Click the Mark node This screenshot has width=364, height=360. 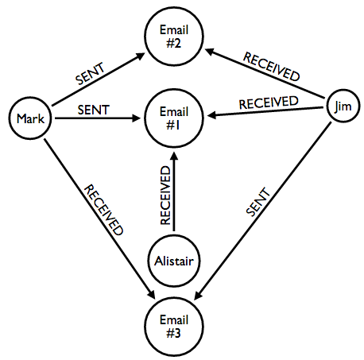tap(30, 118)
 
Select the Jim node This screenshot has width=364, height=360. tap(343, 106)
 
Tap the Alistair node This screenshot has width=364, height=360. tap(174, 261)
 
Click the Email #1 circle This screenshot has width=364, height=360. tap(174, 118)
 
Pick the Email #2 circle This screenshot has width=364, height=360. tap(174, 37)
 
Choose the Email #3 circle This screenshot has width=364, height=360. tap(174, 327)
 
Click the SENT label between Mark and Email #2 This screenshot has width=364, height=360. tap(90, 74)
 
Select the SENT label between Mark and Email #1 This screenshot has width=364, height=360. tap(94, 110)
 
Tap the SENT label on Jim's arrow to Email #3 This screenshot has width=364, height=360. tap(258, 202)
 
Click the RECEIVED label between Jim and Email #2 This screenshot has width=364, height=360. tap(272, 67)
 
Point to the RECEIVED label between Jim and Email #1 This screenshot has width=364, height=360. tap(269, 103)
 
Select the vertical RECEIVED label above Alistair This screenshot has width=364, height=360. tap(165, 195)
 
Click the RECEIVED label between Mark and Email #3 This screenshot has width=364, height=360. tap(104, 210)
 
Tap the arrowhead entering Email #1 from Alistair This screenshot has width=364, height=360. tap(174, 156)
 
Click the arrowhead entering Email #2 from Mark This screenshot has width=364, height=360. tap(141, 56)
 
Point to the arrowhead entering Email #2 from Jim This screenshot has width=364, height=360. tap(210, 51)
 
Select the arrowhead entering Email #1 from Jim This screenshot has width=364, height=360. tap(211, 115)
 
